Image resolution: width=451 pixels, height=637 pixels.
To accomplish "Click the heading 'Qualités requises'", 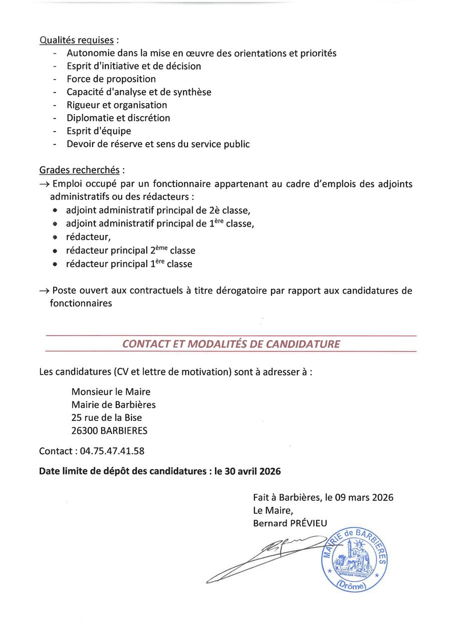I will tap(77, 40).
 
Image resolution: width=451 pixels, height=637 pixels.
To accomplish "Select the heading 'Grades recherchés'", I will tap(79, 170).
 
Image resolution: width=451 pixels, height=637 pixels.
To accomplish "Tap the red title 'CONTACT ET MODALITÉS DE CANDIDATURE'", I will tap(231, 344).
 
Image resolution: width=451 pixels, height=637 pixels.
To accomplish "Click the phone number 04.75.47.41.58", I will tap(112, 451).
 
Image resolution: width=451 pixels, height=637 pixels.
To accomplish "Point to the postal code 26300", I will tap(85, 431).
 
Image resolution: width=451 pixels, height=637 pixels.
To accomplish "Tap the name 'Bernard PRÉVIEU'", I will tap(290, 523).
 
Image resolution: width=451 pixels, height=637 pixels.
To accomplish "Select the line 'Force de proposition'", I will tap(111, 79).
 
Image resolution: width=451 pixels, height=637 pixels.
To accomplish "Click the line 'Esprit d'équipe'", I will tap(99, 131).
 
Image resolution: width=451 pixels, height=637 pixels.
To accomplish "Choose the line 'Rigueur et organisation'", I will tap(117, 105).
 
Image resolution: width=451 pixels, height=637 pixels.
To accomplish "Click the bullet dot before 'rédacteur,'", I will tap(55, 237).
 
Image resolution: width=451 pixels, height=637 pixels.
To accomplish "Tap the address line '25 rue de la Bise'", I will tap(106, 418).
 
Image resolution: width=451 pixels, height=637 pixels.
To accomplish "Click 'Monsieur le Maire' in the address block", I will tap(111, 392).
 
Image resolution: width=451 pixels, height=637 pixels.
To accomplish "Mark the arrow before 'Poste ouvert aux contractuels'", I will tap(44, 291).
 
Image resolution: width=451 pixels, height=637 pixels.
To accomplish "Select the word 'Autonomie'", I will tap(90, 53).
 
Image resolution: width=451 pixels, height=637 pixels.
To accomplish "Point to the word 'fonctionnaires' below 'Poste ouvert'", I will tap(81, 303).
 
